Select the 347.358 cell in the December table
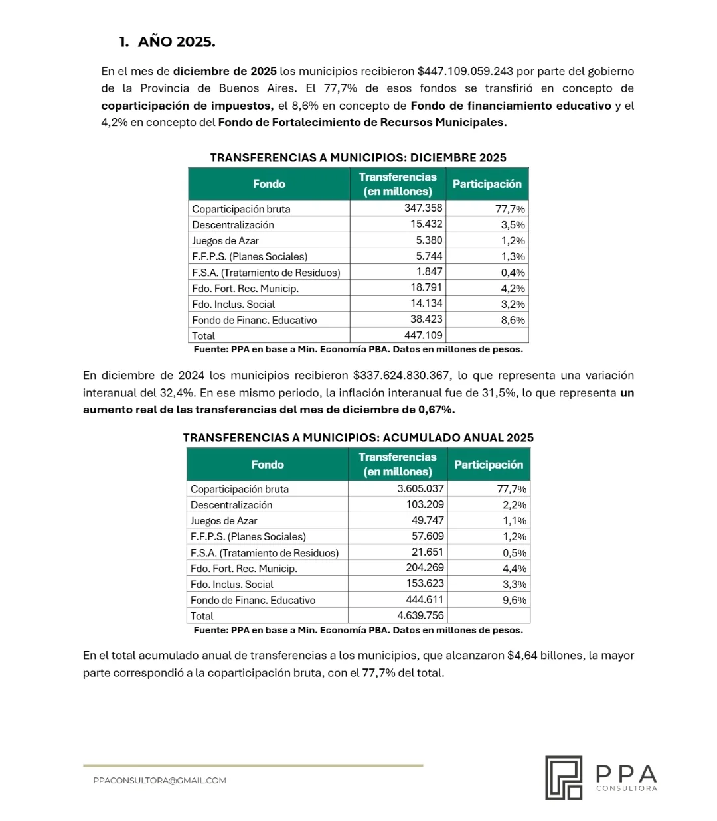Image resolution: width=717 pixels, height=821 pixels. pyautogui.click(x=423, y=208)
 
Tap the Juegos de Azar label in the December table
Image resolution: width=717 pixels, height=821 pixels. pyautogui.click(x=225, y=240)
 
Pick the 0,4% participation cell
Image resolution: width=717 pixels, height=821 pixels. pyautogui.click(x=513, y=272)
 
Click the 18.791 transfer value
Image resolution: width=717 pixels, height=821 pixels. pyautogui.click(x=426, y=288)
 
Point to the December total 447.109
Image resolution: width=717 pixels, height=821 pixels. pyautogui.click(x=423, y=335)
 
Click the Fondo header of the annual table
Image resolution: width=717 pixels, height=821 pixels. pyautogui.click(x=268, y=465)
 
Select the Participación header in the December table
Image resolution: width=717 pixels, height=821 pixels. pyautogui.click(x=487, y=184)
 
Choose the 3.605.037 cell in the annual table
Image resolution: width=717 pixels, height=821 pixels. pyautogui.click(x=420, y=488)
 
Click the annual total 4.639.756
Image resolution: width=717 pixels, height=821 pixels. pyautogui.click(x=420, y=615)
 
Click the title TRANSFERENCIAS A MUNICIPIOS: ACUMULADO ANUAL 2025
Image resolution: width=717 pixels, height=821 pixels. pyautogui.click(x=358, y=438)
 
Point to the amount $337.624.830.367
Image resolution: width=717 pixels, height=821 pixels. pyautogui.click(x=402, y=376)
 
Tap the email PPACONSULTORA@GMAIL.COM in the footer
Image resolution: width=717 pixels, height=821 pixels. pyautogui.click(x=159, y=781)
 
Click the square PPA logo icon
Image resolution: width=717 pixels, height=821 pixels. pyautogui.click(x=564, y=777)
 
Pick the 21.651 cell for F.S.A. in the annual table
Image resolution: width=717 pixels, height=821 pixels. pyautogui.click(x=428, y=552)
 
